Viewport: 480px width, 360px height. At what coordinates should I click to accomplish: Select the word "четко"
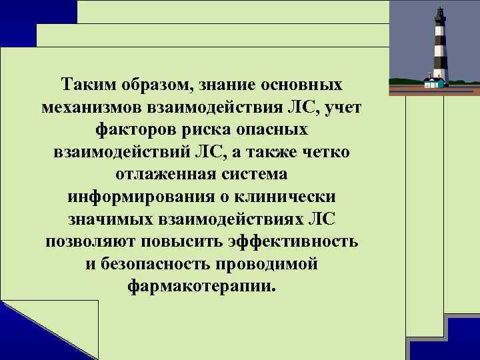pyautogui.click(x=328, y=153)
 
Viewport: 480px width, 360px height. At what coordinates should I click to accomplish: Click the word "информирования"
pyautogui.click(x=127, y=198)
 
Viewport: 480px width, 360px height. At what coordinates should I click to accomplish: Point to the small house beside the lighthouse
pyautogui.click(x=433, y=83)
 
